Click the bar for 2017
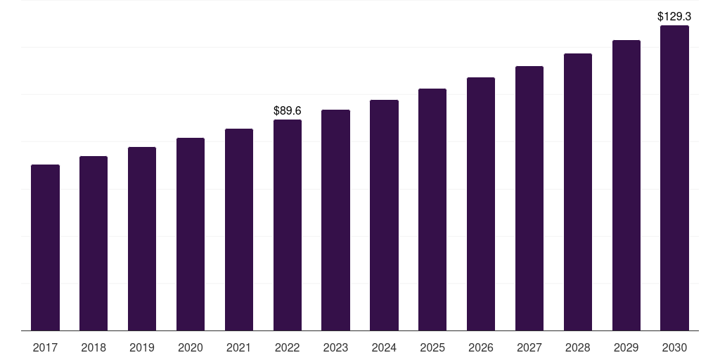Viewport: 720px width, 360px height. [x=45, y=247]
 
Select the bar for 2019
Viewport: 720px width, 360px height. [x=142, y=239]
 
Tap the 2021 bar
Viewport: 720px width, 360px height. [x=239, y=230]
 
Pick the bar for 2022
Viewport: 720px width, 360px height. [x=288, y=225]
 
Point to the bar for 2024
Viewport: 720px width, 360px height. [x=384, y=215]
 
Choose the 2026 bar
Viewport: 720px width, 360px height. [x=481, y=204]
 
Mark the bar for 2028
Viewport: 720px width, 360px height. [x=578, y=192]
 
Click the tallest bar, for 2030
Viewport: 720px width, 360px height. [x=674, y=178]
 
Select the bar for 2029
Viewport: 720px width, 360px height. [x=626, y=186]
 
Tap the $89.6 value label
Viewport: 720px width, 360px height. [x=288, y=110]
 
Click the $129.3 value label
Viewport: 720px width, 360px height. [x=674, y=17]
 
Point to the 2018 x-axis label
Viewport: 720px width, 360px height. [x=94, y=348]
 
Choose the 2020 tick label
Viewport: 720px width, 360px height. [x=191, y=348]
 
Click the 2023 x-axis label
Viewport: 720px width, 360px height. [x=335, y=348]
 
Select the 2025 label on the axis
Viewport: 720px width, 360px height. [x=432, y=348]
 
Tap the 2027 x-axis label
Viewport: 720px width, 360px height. [x=529, y=348]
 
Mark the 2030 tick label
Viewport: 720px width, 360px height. [x=674, y=348]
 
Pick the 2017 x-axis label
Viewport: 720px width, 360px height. [x=45, y=348]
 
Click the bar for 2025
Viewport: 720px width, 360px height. [x=432, y=210]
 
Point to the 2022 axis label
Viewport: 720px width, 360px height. [x=288, y=348]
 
